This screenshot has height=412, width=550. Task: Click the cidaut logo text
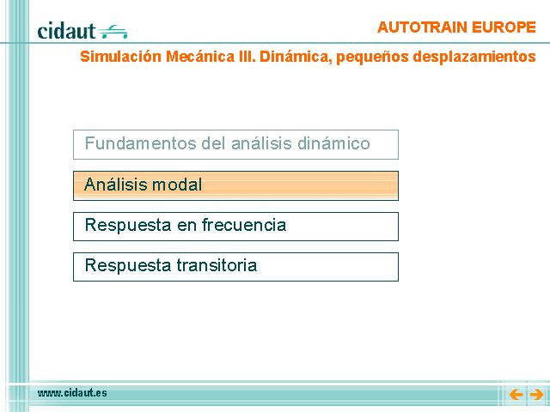[66, 31]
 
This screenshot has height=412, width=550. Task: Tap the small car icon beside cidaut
[113, 31]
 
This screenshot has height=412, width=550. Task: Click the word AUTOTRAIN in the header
[422, 27]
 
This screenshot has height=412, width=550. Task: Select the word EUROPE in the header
[504, 27]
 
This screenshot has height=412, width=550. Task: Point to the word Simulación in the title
[120, 57]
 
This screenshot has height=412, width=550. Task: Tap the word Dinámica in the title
[296, 57]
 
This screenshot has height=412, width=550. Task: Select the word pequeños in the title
[372, 58]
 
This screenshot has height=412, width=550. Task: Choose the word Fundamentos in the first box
[140, 143]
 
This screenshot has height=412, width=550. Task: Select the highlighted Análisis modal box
[235, 185]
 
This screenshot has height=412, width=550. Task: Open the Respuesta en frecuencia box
[235, 227]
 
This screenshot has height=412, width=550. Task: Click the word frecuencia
[244, 225]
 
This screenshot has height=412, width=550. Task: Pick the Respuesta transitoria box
[235, 267]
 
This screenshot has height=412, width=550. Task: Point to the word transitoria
[217, 265]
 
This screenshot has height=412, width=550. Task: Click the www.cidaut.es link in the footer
[72, 393]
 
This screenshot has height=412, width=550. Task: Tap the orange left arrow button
[516, 395]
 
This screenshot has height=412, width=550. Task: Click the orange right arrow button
[536, 395]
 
